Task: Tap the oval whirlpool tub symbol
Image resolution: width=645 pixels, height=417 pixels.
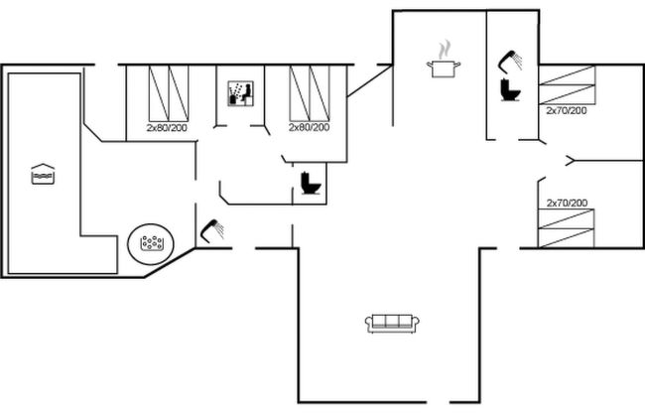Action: (x=151, y=241)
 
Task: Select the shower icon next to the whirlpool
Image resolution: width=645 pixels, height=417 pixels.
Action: (x=211, y=230)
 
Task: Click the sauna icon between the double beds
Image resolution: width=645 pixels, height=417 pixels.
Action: (x=241, y=94)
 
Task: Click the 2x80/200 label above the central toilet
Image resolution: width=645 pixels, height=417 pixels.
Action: (x=310, y=128)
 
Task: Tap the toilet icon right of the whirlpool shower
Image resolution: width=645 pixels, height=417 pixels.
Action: (x=309, y=184)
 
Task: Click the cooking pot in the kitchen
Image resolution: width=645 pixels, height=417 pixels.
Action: (x=443, y=67)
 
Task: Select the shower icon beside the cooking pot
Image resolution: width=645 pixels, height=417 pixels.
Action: (x=511, y=60)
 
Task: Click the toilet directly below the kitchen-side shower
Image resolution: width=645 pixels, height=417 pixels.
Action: (x=511, y=90)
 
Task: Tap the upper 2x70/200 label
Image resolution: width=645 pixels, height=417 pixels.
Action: (x=567, y=111)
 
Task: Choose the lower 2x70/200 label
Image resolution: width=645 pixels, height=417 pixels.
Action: (x=567, y=203)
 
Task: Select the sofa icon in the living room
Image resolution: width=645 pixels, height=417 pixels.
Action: (x=393, y=322)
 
